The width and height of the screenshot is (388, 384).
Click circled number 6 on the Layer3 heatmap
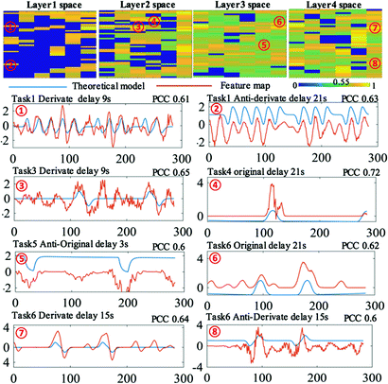[x=276, y=20]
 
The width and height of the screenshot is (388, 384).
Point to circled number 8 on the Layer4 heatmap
[x=376, y=63]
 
